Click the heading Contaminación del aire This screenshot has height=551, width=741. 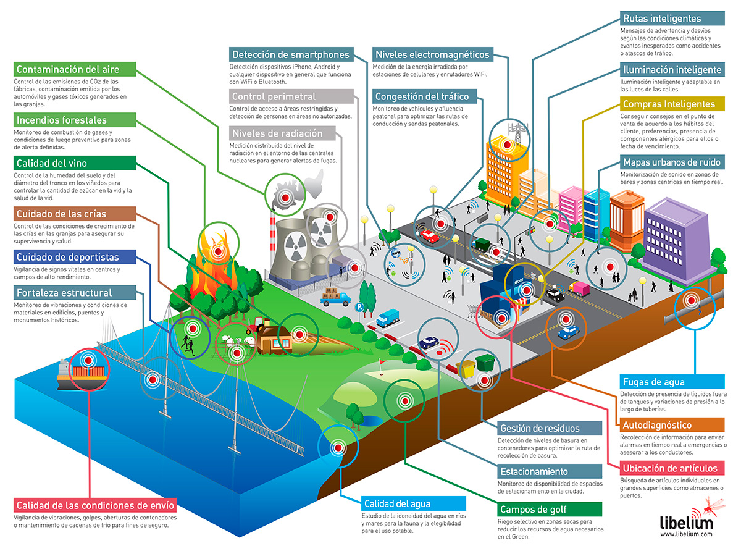68,69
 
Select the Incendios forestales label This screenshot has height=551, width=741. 62,120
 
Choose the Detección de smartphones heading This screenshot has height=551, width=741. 290,54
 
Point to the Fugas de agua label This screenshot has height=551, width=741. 654,382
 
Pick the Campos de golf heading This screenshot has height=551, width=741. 534,510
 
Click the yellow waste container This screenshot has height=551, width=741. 469,368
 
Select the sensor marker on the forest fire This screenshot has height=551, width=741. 217,252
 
